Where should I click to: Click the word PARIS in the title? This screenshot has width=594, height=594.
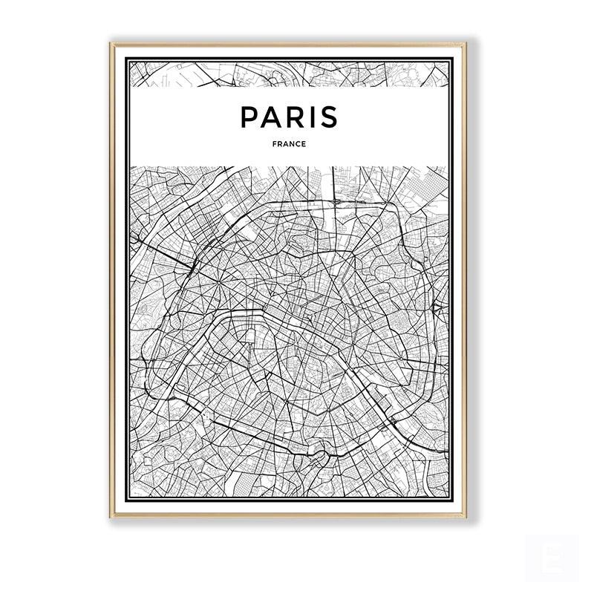point(289,117)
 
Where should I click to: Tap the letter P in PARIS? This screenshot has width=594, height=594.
point(249,117)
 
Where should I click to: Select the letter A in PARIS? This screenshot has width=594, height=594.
point(272,117)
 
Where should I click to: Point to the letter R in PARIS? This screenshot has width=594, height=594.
point(295,117)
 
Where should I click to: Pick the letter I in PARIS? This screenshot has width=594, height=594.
point(312,117)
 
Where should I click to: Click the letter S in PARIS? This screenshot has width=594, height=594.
point(329,117)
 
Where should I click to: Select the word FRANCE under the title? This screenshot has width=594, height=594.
point(289,144)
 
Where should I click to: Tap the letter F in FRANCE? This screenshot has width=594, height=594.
point(273,144)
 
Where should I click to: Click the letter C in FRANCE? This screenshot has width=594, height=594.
point(298,144)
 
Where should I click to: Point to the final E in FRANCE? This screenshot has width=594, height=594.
point(304,144)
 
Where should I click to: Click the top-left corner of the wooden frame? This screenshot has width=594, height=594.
point(111,44)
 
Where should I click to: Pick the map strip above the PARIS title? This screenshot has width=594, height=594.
point(289,74)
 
